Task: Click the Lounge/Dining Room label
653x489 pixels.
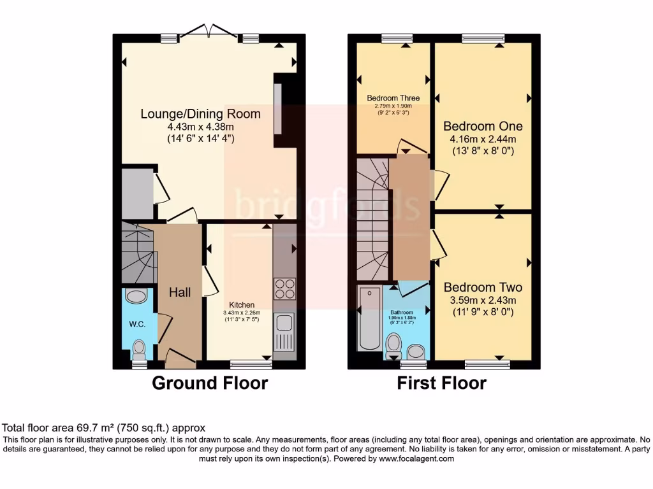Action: pyautogui.click(x=200, y=114)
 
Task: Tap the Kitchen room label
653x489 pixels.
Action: pyautogui.click(x=242, y=305)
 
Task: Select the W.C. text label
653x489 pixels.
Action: pyautogui.click(x=137, y=324)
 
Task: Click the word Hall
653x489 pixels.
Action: pyautogui.click(x=180, y=292)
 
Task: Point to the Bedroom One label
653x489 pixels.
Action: pyautogui.click(x=483, y=126)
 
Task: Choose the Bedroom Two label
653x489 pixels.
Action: pyautogui.click(x=483, y=287)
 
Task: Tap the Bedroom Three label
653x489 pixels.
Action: pyautogui.click(x=393, y=98)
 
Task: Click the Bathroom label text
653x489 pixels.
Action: pyautogui.click(x=402, y=312)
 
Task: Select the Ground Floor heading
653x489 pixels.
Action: pyautogui.click(x=210, y=383)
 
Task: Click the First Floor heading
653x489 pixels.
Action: pyautogui.click(x=441, y=383)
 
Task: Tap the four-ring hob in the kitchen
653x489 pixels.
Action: pyautogui.click(x=285, y=288)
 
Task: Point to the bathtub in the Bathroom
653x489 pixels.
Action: pyautogui.click(x=369, y=318)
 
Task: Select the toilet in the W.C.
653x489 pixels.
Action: pyautogui.click(x=138, y=350)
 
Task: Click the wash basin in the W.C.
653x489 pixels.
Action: pyautogui.click(x=136, y=296)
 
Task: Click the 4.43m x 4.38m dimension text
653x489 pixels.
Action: pyautogui.click(x=200, y=127)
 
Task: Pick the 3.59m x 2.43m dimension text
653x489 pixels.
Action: pyautogui.click(x=483, y=300)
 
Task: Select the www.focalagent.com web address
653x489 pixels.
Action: pyautogui.click(x=416, y=458)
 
